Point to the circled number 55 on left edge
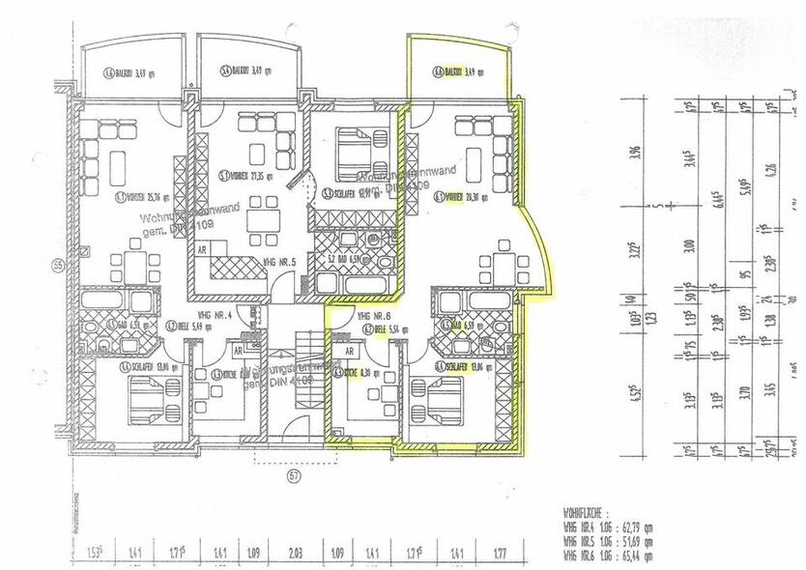coord(58,266)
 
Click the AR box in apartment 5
coord(202,249)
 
